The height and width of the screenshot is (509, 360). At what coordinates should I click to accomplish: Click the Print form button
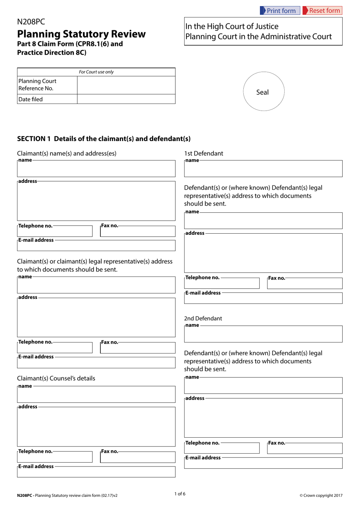[280, 11]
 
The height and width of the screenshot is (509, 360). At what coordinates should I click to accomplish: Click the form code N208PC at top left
[31, 22]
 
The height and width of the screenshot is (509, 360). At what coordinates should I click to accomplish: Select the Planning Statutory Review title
[81, 34]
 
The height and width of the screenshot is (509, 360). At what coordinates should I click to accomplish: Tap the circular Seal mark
[263, 92]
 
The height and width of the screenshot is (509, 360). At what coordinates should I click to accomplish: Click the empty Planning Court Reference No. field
[126, 85]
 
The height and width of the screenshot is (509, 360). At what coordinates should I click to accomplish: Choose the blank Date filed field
[126, 99]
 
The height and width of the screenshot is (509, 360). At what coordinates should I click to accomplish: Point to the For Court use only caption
[96, 72]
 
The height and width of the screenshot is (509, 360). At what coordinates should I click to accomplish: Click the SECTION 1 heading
[103, 139]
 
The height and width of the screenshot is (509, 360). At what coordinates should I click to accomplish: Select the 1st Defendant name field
[263, 170]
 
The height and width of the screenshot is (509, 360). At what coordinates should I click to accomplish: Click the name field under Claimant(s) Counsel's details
[96, 395]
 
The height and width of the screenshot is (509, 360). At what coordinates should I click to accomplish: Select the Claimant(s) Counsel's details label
[56, 378]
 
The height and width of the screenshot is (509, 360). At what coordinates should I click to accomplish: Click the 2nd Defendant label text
[203, 318]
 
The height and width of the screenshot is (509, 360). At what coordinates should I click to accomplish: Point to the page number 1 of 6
[180, 494]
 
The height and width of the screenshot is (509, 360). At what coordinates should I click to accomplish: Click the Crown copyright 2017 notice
[321, 495]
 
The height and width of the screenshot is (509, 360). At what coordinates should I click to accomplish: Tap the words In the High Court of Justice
[232, 27]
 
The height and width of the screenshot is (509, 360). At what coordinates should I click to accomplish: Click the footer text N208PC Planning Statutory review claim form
[67, 495]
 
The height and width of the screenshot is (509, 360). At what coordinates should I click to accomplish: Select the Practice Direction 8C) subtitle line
[52, 53]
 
